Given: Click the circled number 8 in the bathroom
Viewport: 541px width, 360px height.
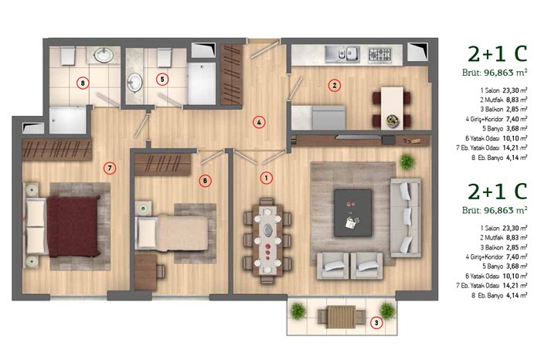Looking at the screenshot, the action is pyautogui.click(x=83, y=83).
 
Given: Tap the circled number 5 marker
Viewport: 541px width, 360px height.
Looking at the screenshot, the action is pyautogui.click(x=162, y=80).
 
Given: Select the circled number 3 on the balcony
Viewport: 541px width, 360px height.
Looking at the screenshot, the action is pyautogui.click(x=376, y=323).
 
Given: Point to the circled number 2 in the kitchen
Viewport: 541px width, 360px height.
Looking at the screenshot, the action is pyautogui.click(x=334, y=85).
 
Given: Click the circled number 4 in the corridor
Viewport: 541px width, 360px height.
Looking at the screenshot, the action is pyautogui.click(x=259, y=122).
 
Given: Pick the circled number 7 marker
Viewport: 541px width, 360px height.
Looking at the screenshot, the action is pyautogui.click(x=110, y=168).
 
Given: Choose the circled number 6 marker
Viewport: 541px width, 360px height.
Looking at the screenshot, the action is pyautogui.click(x=205, y=181).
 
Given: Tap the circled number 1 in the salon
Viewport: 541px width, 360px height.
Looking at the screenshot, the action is pyautogui.click(x=266, y=178).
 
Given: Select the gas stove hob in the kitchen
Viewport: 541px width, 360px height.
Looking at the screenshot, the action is pyautogui.click(x=379, y=54).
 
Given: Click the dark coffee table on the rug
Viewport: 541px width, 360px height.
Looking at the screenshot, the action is pyautogui.click(x=353, y=212).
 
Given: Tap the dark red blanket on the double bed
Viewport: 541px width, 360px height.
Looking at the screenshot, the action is pyautogui.click(x=73, y=226).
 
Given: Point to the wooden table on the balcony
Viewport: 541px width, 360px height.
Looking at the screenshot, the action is pyautogui.click(x=342, y=317).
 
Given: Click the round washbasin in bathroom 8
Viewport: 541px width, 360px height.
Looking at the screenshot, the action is pyautogui.click(x=103, y=55).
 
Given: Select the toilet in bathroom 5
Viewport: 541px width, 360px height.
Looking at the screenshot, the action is pyautogui.click(x=165, y=57).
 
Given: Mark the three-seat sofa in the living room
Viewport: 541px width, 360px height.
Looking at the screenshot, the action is pyautogui.click(x=406, y=218).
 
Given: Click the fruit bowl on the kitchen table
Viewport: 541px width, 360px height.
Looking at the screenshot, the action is pyautogui.click(x=393, y=121).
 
